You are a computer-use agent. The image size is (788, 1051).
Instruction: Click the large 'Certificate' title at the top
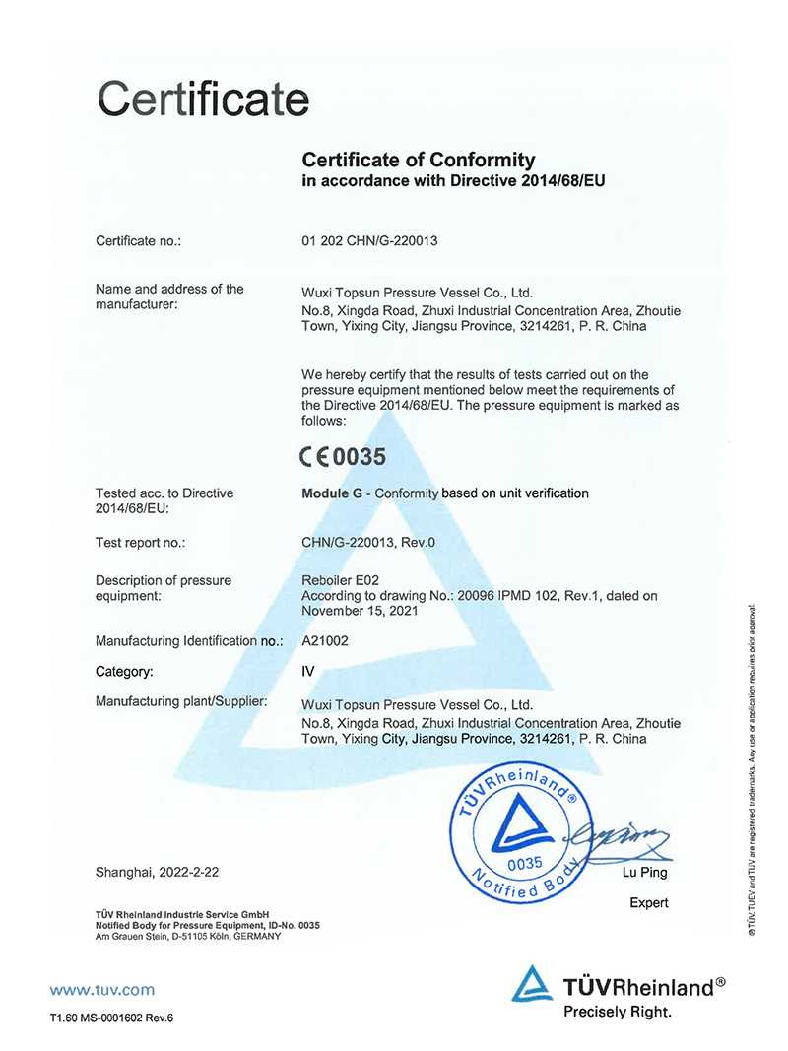click(x=203, y=99)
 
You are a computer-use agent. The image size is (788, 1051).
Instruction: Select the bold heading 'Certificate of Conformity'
click(x=418, y=159)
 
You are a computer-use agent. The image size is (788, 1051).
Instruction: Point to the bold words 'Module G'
click(x=331, y=493)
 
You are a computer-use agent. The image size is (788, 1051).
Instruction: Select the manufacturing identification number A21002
click(x=327, y=640)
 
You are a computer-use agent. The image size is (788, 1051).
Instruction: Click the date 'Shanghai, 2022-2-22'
click(x=157, y=872)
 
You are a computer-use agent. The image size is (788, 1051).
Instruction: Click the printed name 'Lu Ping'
click(x=644, y=872)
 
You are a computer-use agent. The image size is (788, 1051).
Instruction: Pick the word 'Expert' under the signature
click(x=648, y=902)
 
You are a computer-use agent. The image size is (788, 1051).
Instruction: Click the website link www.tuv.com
click(x=101, y=989)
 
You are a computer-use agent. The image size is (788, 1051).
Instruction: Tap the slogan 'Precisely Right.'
click(x=617, y=1012)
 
